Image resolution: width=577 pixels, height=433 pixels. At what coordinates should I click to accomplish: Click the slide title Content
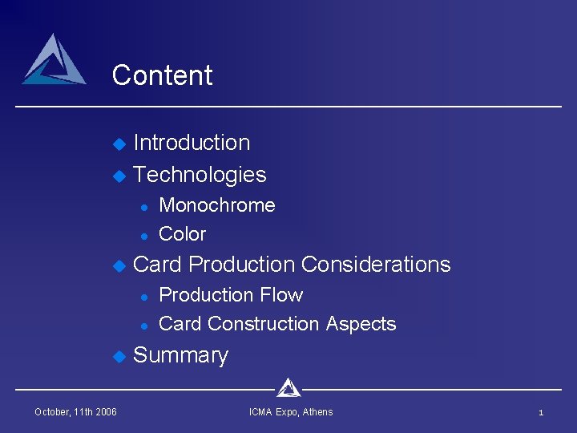click(x=162, y=75)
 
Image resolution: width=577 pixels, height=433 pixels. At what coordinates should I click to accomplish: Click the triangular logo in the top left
click(x=54, y=61)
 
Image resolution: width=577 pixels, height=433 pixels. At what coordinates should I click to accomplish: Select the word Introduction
click(x=192, y=143)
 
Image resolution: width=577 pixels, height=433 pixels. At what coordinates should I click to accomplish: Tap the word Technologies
click(x=200, y=175)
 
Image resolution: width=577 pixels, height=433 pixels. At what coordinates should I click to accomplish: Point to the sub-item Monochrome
click(x=217, y=205)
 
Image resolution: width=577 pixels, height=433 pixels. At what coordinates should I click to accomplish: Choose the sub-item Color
click(x=183, y=234)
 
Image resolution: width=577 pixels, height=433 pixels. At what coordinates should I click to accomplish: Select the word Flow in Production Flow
click(x=286, y=295)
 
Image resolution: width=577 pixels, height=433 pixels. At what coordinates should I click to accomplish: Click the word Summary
click(x=180, y=355)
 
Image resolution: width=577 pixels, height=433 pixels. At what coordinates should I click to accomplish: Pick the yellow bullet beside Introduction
click(x=119, y=144)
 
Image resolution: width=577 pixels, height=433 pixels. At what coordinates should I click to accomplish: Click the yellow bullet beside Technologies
click(x=119, y=176)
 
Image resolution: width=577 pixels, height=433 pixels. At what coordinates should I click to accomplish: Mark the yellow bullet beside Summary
click(x=119, y=356)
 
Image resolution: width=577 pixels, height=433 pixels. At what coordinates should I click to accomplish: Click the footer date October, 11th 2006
click(x=75, y=412)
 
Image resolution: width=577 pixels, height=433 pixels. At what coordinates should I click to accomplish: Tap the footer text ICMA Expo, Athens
click(x=291, y=412)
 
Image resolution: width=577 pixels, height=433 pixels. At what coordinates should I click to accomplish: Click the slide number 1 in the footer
click(x=541, y=412)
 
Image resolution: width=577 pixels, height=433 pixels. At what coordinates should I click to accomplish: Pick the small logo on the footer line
click(x=288, y=388)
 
